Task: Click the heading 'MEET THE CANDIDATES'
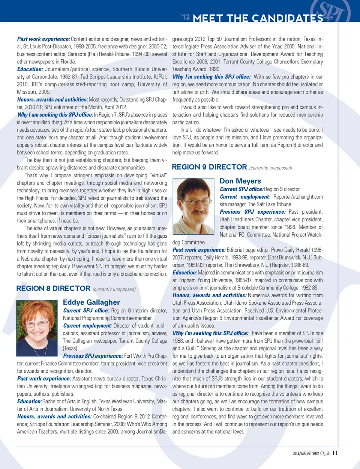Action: click(258, 18)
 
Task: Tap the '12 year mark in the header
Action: click(185, 17)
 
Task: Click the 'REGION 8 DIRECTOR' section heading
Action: click(53, 288)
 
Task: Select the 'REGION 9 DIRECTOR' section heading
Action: click(209, 167)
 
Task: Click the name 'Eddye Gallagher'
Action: click(91, 302)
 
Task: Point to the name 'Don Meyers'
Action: click(240, 181)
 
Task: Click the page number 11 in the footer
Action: click(335, 453)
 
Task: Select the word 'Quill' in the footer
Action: click(325, 453)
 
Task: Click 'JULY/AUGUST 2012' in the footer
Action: click(306, 453)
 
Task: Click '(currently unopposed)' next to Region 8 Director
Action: click(114, 289)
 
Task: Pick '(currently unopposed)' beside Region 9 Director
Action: click(270, 168)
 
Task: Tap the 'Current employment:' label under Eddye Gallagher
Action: click(87, 326)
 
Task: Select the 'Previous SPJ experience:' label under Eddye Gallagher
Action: click(93, 356)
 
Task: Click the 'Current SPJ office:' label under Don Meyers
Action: click(241, 189)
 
